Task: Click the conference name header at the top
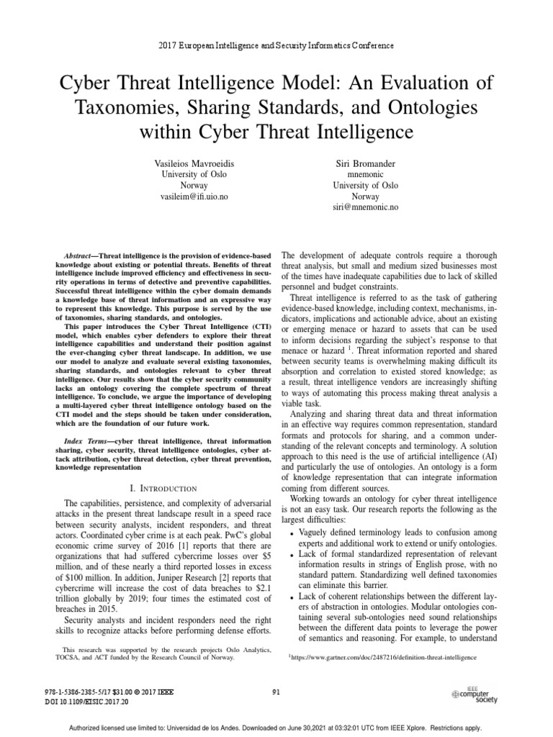276,45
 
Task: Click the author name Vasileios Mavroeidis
176,164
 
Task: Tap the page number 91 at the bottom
276,692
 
